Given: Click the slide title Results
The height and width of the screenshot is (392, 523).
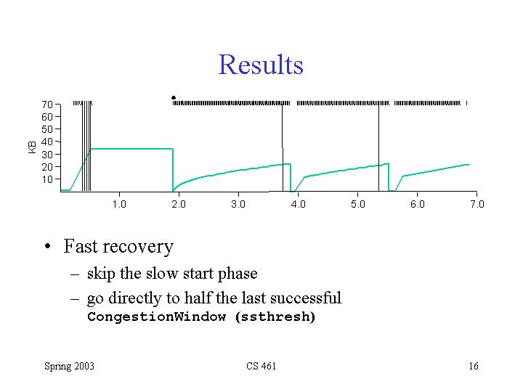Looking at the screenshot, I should (x=261, y=65).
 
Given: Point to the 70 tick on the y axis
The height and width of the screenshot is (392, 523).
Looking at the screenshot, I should (x=46, y=105).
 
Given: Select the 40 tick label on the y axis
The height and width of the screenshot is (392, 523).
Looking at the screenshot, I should (x=46, y=142).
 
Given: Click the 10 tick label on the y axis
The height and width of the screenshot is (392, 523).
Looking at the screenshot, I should (x=46, y=179).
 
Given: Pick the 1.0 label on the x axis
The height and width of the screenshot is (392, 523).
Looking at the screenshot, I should (x=119, y=205).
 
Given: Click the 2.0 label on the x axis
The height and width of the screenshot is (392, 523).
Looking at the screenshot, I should (x=179, y=205).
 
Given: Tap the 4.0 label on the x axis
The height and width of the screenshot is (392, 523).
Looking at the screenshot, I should (x=298, y=205).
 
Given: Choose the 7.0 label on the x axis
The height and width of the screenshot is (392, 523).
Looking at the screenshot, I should (x=477, y=205).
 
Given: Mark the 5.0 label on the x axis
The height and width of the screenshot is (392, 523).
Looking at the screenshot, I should (x=357, y=205).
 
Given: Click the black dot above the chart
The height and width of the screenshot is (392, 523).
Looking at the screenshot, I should (x=174, y=97).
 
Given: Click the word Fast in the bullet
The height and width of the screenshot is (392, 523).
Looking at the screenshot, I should (x=80, y=247).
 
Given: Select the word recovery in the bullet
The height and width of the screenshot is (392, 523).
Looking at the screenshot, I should (x=137, y=248).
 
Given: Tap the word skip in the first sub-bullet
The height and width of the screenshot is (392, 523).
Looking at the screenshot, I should (x=100, y=274).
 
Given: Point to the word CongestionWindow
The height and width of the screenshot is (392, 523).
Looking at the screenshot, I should (x=156, y=317).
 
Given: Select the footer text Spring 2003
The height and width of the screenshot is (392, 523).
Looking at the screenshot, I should (x=69, y=366).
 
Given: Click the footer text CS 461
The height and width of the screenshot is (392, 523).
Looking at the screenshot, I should (x=261, y=366).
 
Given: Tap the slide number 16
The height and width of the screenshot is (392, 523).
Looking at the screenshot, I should (x=474, y=366).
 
